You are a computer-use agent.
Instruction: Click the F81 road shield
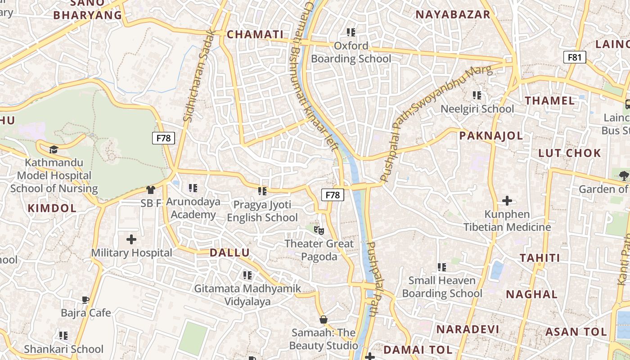pos(575,57)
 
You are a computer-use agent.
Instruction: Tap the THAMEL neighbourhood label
pos(550,100)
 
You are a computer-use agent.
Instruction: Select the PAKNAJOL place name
pos(491,135)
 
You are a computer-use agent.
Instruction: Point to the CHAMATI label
pos(255,35)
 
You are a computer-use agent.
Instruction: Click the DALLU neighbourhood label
pos(229,252)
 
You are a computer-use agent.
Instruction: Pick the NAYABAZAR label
pos(453,14)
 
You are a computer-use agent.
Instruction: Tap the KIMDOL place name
pos(52,208)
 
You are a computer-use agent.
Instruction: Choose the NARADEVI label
pos(468,329)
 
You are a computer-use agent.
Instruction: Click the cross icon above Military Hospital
pos(131,239)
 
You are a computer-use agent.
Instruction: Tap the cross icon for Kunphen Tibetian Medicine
pos(507,201)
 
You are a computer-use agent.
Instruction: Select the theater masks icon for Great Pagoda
pos(319,230)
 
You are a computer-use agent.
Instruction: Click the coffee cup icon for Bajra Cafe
pos(85,300)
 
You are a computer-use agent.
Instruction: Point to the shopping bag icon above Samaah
pos(323,320)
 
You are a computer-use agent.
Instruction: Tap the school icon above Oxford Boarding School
pos(351,32)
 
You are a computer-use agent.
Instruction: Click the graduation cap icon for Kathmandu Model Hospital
pos(54,149)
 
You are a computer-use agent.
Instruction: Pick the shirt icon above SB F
pos(150,190)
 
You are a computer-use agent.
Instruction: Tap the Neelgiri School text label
pos(477,109)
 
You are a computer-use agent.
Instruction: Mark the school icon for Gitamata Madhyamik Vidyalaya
pos(247,275)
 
